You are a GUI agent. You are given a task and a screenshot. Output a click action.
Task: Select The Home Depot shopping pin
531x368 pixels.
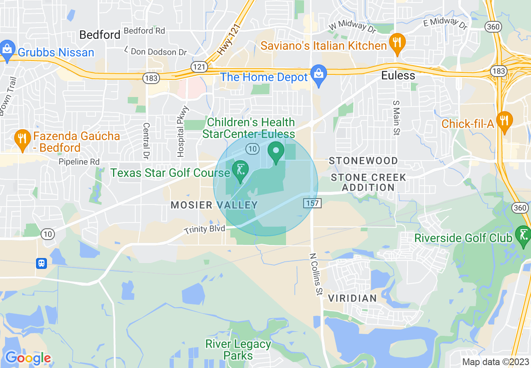coord(319,75)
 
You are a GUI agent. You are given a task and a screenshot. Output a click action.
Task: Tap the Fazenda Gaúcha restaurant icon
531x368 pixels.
coord(21,139)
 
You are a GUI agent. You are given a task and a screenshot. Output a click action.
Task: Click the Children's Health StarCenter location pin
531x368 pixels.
coord(276,152)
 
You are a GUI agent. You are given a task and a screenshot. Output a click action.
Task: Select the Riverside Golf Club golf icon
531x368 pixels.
coord(523,235)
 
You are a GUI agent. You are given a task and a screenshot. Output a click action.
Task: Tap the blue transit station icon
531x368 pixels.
coord(41,263)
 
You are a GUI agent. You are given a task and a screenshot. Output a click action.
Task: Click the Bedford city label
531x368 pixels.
coord(100,35)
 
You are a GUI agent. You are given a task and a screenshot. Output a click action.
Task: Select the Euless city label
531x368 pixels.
coord(398,76)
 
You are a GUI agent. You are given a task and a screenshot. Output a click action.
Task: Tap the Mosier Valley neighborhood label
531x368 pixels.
coord(214,205)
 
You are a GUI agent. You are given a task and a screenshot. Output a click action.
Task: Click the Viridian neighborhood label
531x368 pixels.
coord(353,298)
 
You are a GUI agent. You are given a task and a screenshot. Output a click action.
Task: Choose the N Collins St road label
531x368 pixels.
coord(316,274)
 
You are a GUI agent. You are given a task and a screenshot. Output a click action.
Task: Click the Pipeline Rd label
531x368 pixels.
coord(79,161)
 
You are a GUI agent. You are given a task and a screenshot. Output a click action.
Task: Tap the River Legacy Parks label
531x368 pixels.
coord(238,350)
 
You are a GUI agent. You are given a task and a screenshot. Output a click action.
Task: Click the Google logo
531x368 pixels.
coord(28,358)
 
